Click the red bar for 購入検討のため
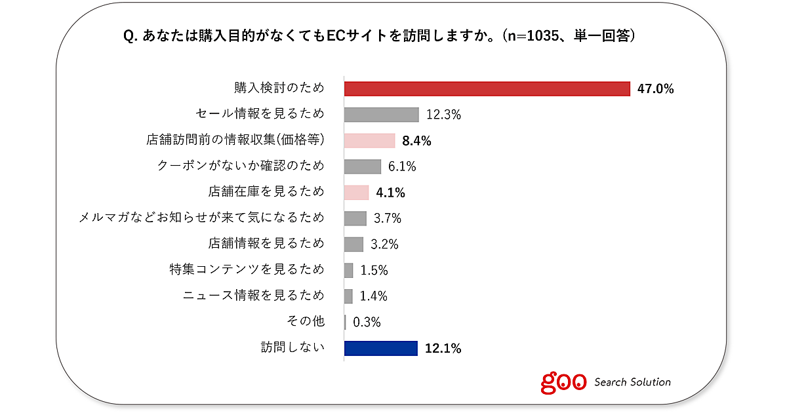tap(487, 88)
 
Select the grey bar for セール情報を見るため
tap(381, 114)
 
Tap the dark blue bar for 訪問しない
tap(380, 348)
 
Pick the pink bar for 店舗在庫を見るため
tap(357, 192)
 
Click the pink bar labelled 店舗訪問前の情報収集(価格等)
tap(369, 140)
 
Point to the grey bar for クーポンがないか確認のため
tap(363, 167)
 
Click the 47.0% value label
tap(656, 89)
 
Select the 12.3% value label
tap(443, 115)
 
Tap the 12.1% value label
tap(443, 349)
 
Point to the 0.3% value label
tap(367, 323)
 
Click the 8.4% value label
tap(417, 141)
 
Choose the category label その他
tap(306, 322)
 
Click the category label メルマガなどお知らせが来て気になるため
tap(202, 218)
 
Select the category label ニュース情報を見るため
tap(254, 296)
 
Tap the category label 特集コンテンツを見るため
tap(247, 269)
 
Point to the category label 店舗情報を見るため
tap(266, 244)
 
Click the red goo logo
tap(563, 382)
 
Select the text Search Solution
tap(632, 382)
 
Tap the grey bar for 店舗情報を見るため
tap(353, 244)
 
